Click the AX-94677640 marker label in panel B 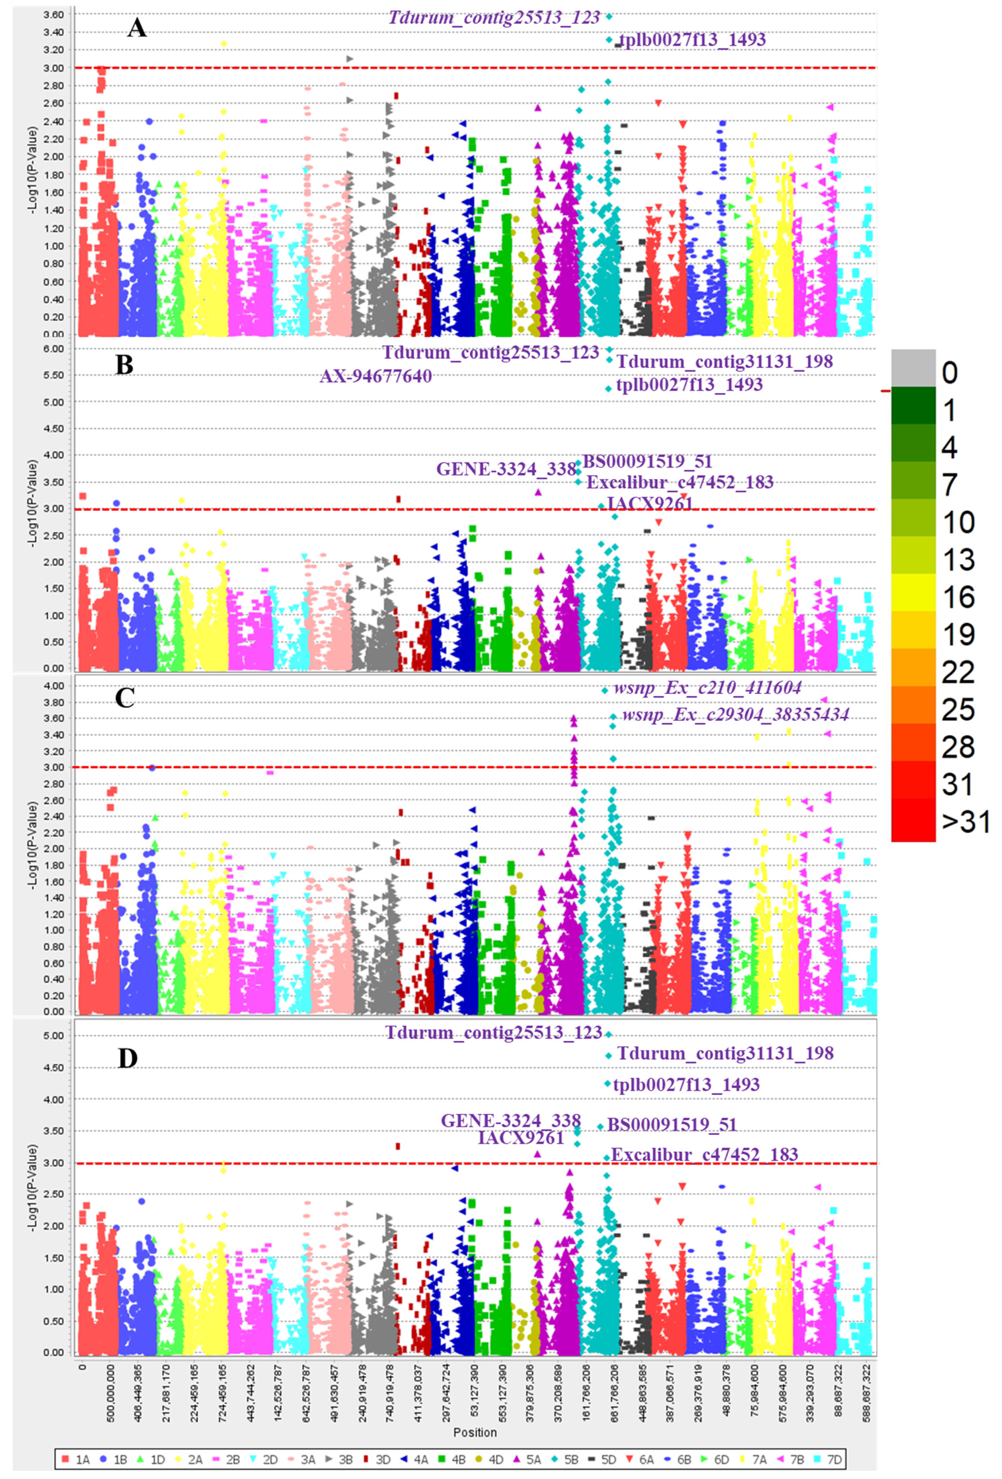376,376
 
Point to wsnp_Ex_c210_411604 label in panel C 707,688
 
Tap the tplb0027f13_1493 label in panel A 693,40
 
